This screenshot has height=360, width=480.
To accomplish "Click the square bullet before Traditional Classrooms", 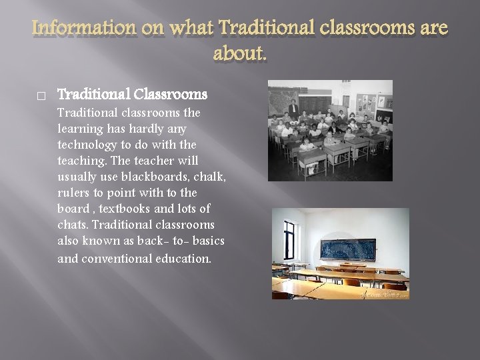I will click(41, 96).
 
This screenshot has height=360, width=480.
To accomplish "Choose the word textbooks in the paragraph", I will click(127, 209).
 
